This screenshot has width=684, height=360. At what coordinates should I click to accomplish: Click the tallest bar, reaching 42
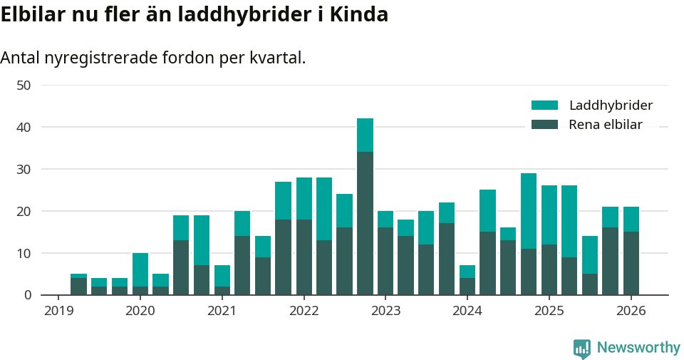coord(365,207)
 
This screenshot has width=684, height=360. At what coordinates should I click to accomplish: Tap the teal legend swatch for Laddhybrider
coord(544,106)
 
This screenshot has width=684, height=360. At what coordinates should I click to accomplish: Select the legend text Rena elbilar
coord(606,125)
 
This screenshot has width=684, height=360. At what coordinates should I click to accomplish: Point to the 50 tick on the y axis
coord(24,86)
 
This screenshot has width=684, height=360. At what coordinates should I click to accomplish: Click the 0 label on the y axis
coord(27,295)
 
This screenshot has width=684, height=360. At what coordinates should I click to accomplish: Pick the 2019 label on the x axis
coord(58,312)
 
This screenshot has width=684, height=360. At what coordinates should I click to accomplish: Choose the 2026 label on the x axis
coord(631,312)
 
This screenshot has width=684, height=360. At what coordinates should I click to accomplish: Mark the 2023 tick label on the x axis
coord(385,312)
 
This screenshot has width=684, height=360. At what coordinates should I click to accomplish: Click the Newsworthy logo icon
coord(581,348)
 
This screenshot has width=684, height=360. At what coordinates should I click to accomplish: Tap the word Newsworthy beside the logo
coord(638,348)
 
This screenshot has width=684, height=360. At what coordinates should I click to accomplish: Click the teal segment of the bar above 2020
coord(140,269)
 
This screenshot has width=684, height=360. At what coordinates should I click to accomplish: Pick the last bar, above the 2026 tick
coord(631,251)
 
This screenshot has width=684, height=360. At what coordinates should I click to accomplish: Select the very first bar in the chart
coord(78,284)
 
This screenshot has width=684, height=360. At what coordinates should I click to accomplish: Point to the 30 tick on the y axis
coord(24,169)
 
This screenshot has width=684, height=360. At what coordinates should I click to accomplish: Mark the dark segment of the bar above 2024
coord(467,287)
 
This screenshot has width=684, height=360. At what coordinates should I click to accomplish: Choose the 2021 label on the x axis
coord(222,312)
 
